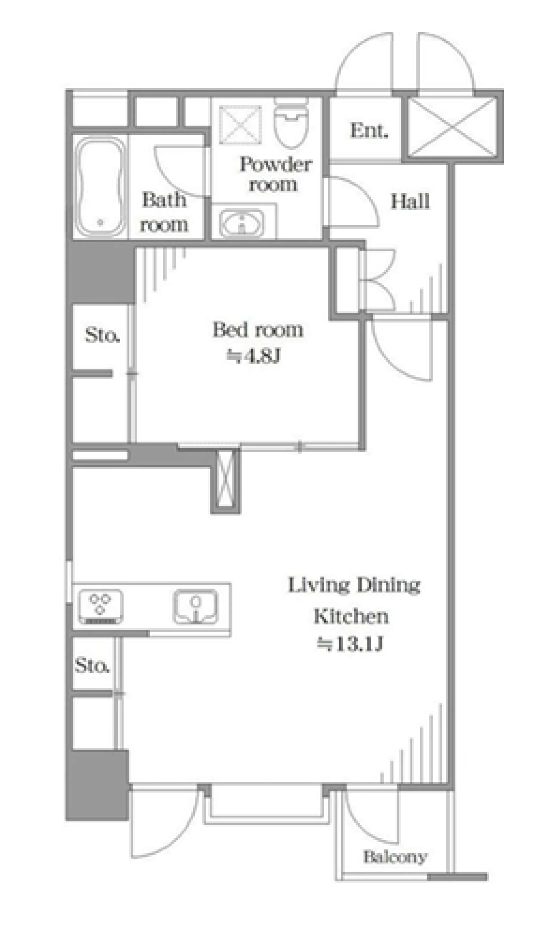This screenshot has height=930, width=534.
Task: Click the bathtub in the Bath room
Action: [x=101, y=187]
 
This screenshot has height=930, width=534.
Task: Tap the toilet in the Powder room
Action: [x=292, y=122]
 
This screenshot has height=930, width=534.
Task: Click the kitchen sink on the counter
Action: [x=195, y=607]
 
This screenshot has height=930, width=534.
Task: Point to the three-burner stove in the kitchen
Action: [x=100, y=607]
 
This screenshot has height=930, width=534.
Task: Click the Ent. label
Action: [x=369, y=131]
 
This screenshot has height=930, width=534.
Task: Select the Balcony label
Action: [x=395, y=857]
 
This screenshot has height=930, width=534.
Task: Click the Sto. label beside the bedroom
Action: [x=103, y=335]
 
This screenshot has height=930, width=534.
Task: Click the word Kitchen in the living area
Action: [x=351, y=616]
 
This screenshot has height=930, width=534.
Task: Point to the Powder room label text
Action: [x=275, y=174]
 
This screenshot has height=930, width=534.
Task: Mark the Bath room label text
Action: [x=164, y=212]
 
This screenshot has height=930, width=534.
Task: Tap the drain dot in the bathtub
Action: [x=100, y=222]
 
